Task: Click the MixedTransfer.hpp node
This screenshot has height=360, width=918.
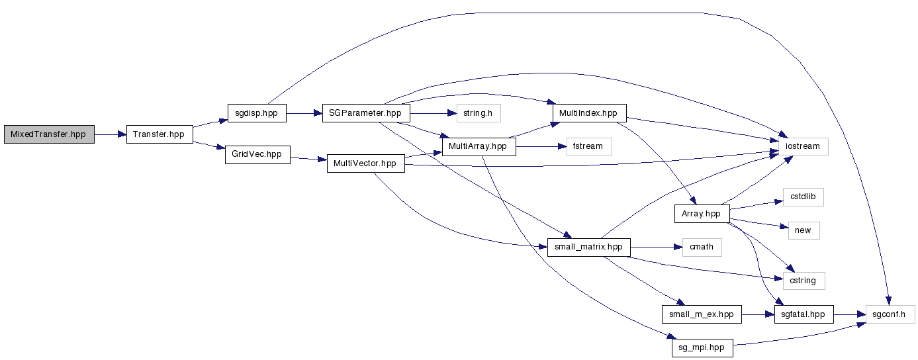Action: [x=49, y=134]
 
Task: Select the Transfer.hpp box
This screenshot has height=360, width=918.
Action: [x=159, y=134]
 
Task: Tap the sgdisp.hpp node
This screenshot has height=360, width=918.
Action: [x=256, y=113]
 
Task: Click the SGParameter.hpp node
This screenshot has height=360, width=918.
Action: [x=365, y=113]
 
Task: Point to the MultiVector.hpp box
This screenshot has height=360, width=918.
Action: [x=365, y=163]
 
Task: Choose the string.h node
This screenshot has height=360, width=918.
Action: [x=478, y=113]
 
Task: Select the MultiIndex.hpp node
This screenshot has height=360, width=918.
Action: [x=588, y=113]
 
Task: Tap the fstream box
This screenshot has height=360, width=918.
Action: [x=588, y=146]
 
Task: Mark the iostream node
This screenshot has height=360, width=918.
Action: [x=803, y=146]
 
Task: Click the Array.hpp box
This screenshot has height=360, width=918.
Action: [x=702, y=214]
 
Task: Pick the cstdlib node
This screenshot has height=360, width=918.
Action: [x=803, y=197]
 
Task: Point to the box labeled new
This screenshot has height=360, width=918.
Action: [x=803, y=230]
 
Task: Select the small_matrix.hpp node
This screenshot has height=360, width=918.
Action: [x=589, y=247]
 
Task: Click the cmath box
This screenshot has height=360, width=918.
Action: [x=702, y=247]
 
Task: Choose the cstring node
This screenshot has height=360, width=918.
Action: [x=803, y=281]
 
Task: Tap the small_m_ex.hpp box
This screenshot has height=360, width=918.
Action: [x=701, y=314]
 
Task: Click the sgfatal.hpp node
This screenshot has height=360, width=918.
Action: [x=803, y=314]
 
